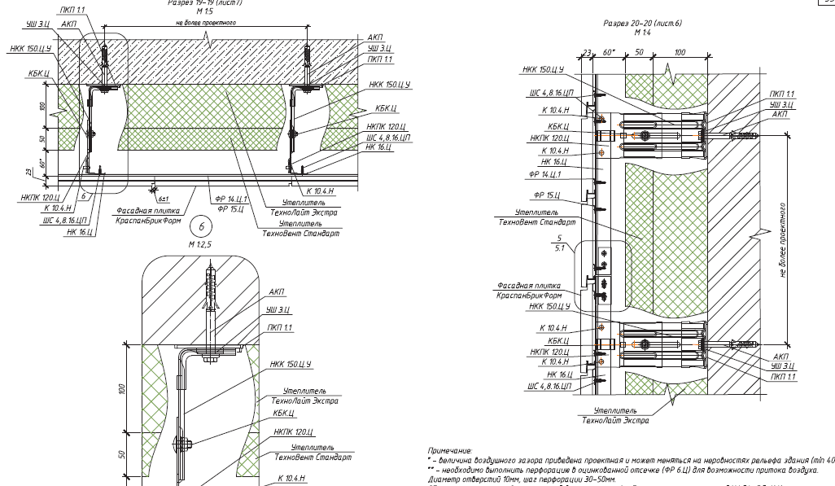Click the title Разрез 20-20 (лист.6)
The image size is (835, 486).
tap(643, 24)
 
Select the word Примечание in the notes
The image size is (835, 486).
tap(450, 449)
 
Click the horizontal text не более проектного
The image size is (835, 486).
tap(206, 23)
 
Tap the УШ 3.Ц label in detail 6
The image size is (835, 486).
tap(279, 310)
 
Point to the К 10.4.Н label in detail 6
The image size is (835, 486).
tap(291, 479)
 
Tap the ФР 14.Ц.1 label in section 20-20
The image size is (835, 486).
tap(544, 173)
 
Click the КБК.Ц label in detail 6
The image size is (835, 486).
tap(283, 413)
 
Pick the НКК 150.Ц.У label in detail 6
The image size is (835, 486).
tap(290, 363)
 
